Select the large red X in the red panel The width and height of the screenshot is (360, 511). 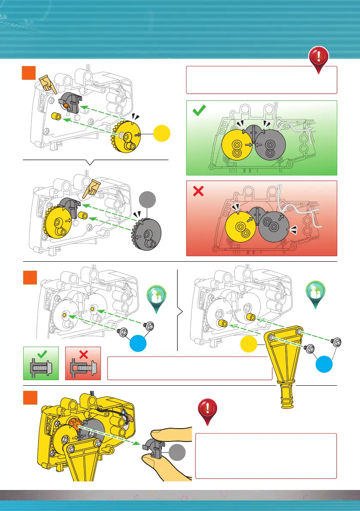pyautogui.click(x=198, y=192)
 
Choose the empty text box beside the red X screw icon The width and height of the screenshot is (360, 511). pyautogui.click(x=189, y=368)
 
